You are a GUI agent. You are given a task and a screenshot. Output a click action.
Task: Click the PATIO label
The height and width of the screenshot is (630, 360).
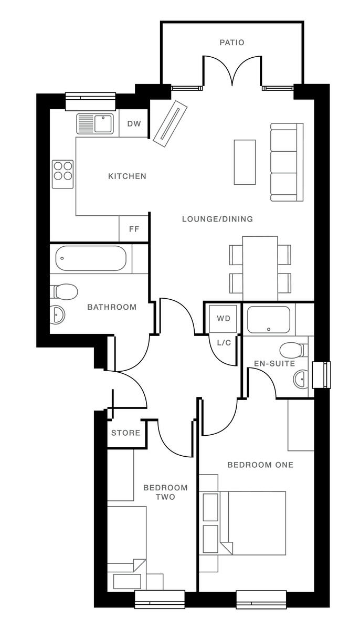pos(232,43)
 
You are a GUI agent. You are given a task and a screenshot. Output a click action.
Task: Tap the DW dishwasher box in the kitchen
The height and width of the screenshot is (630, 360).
pos(134,124)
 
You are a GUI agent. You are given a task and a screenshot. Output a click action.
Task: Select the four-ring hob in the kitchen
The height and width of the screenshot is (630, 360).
pos(63,174)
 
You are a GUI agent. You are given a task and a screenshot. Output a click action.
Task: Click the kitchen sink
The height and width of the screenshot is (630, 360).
pos(96,124)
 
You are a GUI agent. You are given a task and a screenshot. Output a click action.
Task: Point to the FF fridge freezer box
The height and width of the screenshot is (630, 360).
pos(134,229)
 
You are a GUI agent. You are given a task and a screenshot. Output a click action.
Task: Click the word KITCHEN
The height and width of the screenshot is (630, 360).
pos(127,176)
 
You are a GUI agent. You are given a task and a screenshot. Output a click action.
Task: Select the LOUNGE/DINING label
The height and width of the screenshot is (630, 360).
pos(217,219)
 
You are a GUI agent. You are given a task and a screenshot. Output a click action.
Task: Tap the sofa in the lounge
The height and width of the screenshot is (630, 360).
pos(287,162)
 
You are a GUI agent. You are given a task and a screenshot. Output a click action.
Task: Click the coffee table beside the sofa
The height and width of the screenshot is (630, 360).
pos(245,162)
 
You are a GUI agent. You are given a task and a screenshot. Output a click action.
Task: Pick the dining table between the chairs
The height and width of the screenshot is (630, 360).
pos(260,268)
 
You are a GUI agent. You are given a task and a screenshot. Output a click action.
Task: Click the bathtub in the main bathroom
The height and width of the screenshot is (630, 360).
pos(90,258)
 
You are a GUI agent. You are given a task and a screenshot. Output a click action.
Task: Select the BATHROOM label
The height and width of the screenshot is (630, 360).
pos(112,307)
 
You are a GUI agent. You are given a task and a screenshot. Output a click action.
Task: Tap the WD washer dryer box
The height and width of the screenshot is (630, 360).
pos(224,319)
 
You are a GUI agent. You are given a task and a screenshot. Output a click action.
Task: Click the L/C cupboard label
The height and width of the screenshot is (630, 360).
pos(224,342)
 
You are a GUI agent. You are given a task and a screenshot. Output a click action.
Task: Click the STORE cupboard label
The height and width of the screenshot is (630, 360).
pos(126,433)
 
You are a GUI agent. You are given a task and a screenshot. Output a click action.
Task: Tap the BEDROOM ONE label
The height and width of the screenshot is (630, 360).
pos(260,465)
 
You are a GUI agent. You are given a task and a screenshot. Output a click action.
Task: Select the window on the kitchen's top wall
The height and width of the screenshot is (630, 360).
pos(90,101)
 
